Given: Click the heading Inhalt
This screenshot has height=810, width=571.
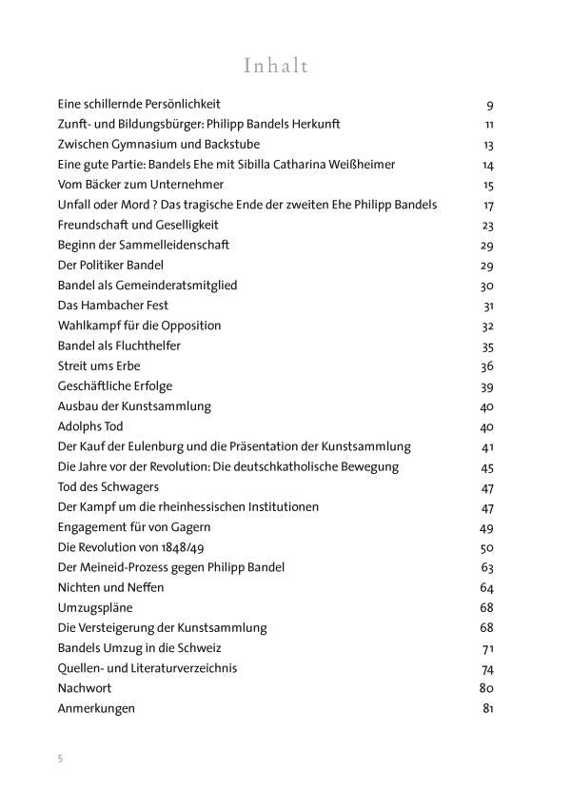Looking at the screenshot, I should point(276,66).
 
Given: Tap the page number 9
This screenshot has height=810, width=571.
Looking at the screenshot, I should point(489,105).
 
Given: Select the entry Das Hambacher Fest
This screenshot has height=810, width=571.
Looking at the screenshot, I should point(113,306).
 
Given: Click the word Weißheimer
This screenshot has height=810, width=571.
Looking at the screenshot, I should point(361,165).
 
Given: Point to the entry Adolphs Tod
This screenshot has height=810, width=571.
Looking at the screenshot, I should point(90,426).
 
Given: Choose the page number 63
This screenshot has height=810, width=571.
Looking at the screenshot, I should point(486,568).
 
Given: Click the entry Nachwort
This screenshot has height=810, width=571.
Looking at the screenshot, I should point(85,688).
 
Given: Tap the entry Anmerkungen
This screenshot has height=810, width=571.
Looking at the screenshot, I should point(96,708).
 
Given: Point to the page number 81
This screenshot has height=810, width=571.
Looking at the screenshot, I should point(487,709).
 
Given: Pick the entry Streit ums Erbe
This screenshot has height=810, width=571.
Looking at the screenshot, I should point(99,365).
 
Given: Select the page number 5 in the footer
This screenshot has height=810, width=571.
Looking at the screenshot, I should point(61,759).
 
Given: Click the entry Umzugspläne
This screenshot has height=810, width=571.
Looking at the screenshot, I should point(95,608).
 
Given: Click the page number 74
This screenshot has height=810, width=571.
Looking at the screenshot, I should point(487,669).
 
